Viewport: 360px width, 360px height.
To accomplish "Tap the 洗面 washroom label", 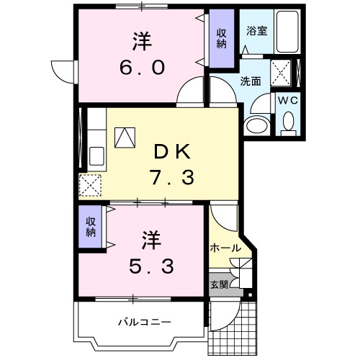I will [x=250, y=81].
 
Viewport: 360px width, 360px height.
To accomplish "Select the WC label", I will [x=289, y=100].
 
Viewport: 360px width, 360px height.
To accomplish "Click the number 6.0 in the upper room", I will [x=143, y=67].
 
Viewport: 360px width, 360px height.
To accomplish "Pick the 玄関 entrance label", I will [x=219, y=284].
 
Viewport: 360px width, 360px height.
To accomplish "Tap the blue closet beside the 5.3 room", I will [x=91, y=227].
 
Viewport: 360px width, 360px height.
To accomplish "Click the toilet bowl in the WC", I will [x=289, y=127].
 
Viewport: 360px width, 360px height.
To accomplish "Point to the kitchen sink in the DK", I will [x=96, y=154].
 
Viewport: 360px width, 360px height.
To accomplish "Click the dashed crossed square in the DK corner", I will [x=91, y=186].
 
